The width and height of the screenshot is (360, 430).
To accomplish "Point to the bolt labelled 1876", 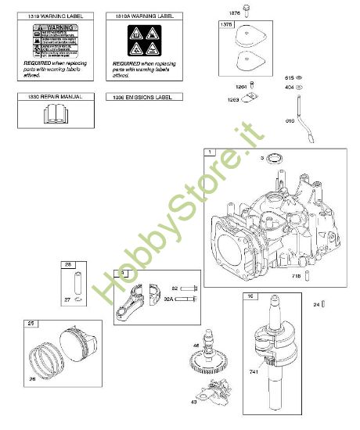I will coord(246,10).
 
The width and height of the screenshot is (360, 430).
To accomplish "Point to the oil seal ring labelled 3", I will coord(274,160).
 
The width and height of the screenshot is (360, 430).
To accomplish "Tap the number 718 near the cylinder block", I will coord(295,278).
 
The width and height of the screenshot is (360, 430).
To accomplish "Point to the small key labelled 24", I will coord(322,303).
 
